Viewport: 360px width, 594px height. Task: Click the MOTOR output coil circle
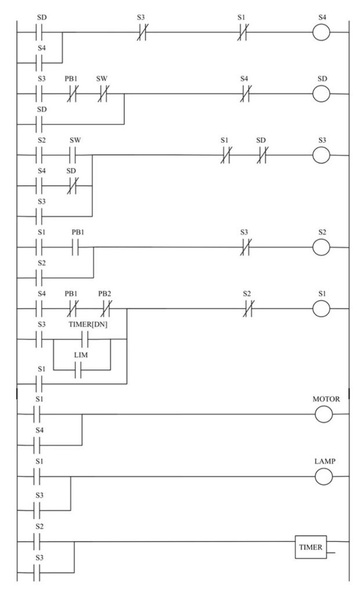322,414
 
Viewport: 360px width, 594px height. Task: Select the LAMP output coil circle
322,477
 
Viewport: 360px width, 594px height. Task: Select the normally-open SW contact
74,155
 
